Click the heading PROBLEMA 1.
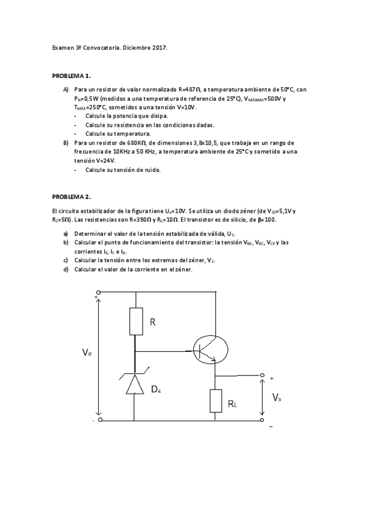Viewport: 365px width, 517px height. click(x=71, y=76)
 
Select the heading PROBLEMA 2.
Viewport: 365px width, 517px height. click(x=71, y=197)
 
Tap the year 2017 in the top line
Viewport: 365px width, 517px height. click(x=158, y=47)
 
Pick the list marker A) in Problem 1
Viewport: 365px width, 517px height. click(x=66, y=89)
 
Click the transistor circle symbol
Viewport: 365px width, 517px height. click(x=211, y=351)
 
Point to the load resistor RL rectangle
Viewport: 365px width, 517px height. click(x=216, y=401)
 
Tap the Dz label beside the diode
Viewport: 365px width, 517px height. click(x=157, y=388)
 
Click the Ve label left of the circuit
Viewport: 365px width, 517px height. click(x=88, y=352)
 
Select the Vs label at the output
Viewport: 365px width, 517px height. click(x=277, y=398)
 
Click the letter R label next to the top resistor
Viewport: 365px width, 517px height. click(x=153, y=321)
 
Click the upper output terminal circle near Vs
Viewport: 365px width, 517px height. click(x=262, y=375)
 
